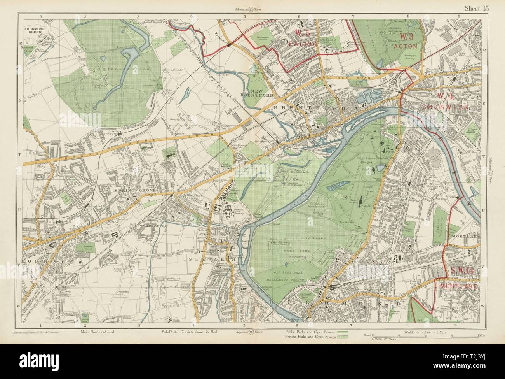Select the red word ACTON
point(409,46)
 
